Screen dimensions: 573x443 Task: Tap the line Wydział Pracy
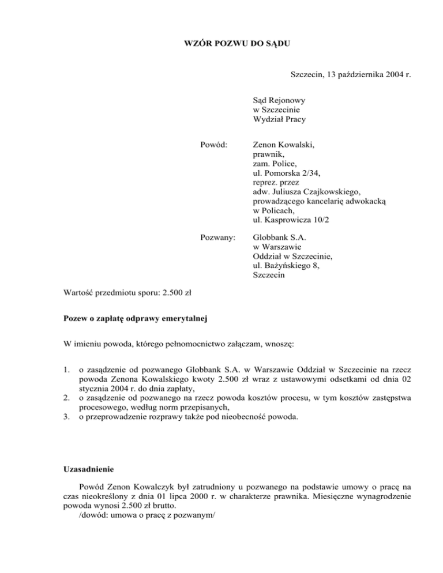point(279,120)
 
